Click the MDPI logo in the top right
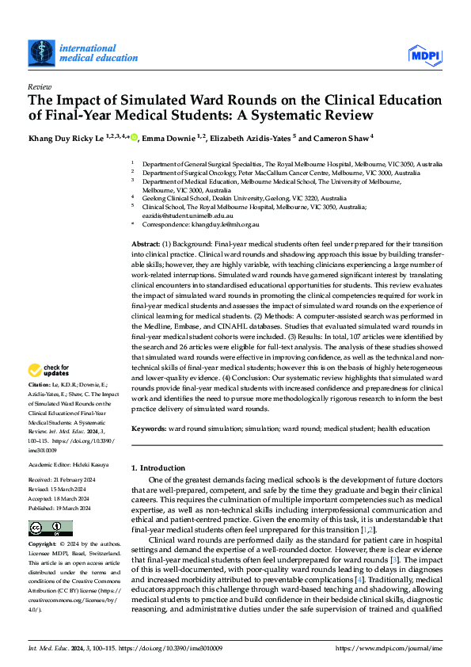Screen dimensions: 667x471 tap(424, 54)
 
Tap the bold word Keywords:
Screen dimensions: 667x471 tap(150, 428)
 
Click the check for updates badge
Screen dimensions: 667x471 tap(49, 370)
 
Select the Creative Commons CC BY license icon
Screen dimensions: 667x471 tap(49, 528)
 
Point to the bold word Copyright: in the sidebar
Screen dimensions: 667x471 tap(44, 545)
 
